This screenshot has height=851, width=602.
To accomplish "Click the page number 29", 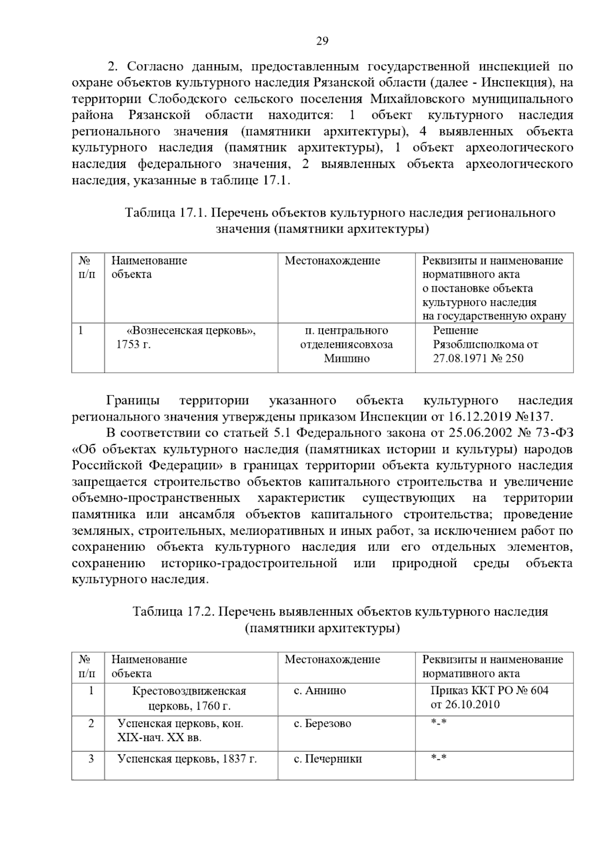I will [322, 41].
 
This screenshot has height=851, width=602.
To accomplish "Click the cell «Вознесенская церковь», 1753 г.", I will [191, 337].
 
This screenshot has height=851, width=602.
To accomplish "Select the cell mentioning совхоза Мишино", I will [346, 344].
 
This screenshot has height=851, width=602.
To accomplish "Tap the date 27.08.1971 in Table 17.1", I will [462, 358].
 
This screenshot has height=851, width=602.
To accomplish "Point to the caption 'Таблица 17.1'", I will [166, 213].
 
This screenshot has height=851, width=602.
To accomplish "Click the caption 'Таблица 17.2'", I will [173, 611].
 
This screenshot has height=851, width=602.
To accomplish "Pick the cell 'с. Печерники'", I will [327, 759].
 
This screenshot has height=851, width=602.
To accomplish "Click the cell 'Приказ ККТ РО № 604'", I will [489, 691].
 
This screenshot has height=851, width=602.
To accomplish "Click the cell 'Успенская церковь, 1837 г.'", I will [187, 759].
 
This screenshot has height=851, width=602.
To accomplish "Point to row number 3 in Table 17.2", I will [91, 759].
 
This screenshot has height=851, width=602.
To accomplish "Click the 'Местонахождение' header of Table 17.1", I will [332, 261].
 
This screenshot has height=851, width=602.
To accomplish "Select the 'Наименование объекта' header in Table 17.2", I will [149, 666].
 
